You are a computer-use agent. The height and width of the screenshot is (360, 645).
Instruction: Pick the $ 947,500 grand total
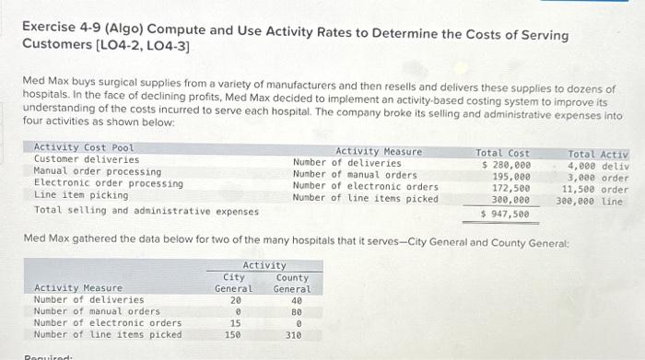506,213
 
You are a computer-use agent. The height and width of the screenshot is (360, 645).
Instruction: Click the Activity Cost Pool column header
83,147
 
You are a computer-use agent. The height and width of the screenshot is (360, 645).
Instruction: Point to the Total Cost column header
502,152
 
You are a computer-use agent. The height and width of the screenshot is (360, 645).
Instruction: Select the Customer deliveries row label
87,159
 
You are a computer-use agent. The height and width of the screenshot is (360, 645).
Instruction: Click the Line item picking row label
80,195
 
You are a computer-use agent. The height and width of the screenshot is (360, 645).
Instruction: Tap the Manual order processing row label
97,171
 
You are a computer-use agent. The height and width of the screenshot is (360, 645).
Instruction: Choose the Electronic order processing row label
108,183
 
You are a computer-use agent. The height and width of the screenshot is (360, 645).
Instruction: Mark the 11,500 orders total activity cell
594,190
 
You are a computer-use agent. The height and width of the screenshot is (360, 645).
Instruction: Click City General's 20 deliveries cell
236,299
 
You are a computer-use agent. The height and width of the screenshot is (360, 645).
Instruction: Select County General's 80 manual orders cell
296,311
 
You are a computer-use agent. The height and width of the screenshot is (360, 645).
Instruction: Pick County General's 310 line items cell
293,334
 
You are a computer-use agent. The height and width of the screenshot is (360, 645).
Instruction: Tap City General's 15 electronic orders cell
236,323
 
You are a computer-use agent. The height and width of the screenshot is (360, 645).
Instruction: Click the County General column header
292,282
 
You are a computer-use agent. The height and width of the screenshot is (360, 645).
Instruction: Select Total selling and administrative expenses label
146,211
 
